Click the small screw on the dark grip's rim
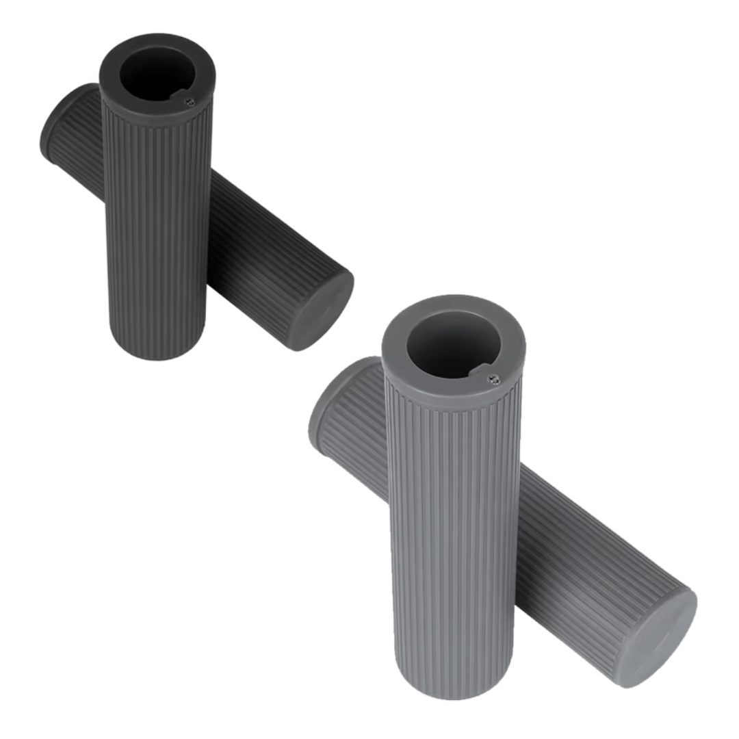tap(190, 101)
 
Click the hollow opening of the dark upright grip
tap(155, 73)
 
